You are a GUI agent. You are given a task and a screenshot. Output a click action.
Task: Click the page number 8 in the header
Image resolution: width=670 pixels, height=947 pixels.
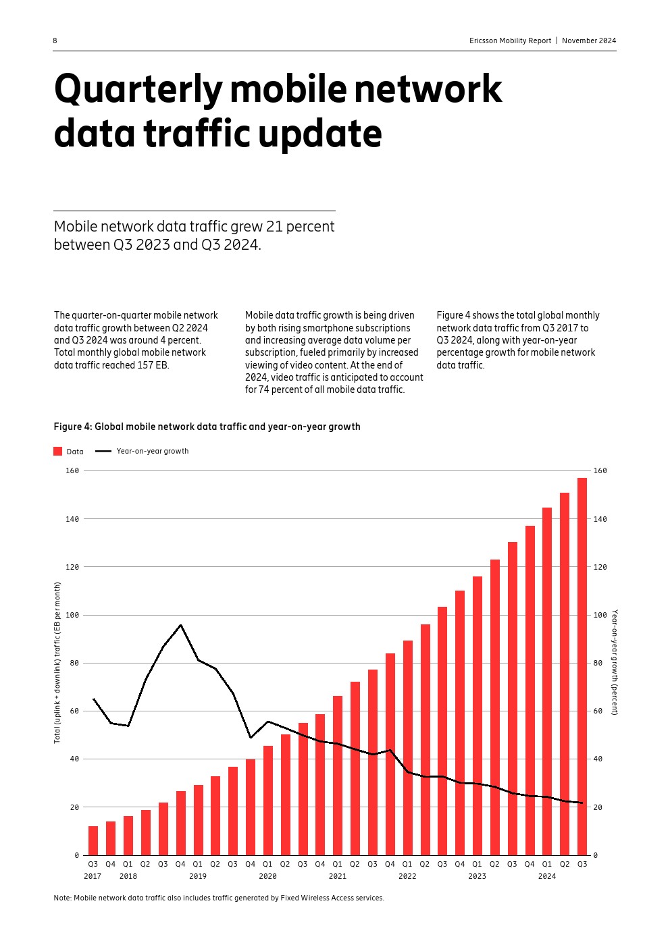[x=55, y=40]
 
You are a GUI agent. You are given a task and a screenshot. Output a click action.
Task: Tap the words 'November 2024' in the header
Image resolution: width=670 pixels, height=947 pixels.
[x=589, y=40]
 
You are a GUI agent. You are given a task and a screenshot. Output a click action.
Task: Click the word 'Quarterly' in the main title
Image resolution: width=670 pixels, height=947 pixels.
[x=138, y=90]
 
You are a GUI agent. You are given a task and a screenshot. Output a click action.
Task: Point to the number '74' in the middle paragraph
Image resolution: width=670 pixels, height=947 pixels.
[x=264, y=389]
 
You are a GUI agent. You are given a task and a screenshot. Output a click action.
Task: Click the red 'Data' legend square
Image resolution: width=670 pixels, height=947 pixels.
[x=58, y=452]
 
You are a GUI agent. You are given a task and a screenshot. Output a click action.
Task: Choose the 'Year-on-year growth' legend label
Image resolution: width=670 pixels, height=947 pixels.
[x=152, y=451]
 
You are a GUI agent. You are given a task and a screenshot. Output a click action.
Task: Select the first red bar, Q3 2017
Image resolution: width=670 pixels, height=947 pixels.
[x=93, y=840]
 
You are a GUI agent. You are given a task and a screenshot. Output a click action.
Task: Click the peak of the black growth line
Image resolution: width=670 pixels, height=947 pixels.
[x=180, y=625]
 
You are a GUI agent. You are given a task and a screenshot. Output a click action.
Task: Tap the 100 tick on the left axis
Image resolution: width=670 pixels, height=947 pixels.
[x=72, y=615]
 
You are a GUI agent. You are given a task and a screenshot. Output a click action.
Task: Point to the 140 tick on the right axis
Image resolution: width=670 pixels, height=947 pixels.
[x=600, y=519]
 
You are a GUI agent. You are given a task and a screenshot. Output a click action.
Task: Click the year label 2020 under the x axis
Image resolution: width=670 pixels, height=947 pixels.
[x=267, y=876]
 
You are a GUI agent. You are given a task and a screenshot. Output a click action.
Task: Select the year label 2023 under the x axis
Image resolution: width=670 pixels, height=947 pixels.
[x=477, y=876]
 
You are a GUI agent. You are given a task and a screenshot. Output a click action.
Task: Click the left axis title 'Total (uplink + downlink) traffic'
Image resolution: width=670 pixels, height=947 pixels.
[x=57, y=663]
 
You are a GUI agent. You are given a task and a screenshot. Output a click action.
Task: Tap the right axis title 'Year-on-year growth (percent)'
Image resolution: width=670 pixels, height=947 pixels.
[x=615, y=662]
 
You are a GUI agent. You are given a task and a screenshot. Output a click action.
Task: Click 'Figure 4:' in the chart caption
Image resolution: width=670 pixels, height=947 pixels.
[x=73, y=427]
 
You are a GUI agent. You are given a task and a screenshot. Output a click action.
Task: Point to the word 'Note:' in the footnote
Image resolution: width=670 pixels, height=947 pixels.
[x=63, y=898]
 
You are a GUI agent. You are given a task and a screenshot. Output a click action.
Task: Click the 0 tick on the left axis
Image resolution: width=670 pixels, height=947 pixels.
[x=77, y=855]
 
